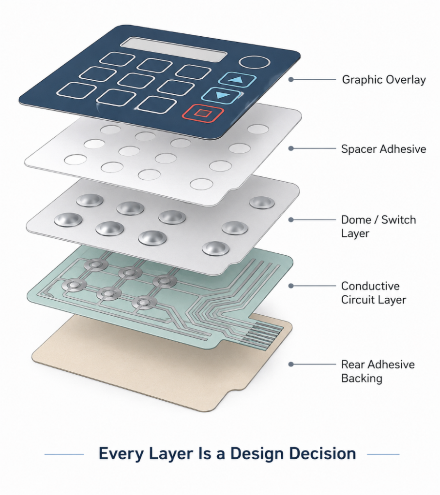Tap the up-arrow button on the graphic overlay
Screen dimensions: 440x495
237,80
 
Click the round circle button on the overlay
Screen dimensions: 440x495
255,62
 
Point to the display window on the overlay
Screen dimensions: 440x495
174,50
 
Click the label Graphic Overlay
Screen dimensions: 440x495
384,80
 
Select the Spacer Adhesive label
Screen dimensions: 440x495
383,149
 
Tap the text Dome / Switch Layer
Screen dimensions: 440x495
379,226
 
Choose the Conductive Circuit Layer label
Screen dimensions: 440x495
373,292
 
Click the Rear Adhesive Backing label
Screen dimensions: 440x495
378,371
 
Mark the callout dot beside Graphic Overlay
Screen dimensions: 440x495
291,80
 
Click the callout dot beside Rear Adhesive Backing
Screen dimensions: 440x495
291,364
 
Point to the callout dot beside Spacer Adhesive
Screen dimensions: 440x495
291,148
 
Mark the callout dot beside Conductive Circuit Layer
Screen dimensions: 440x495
291,286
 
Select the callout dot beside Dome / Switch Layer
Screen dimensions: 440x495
291,219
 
